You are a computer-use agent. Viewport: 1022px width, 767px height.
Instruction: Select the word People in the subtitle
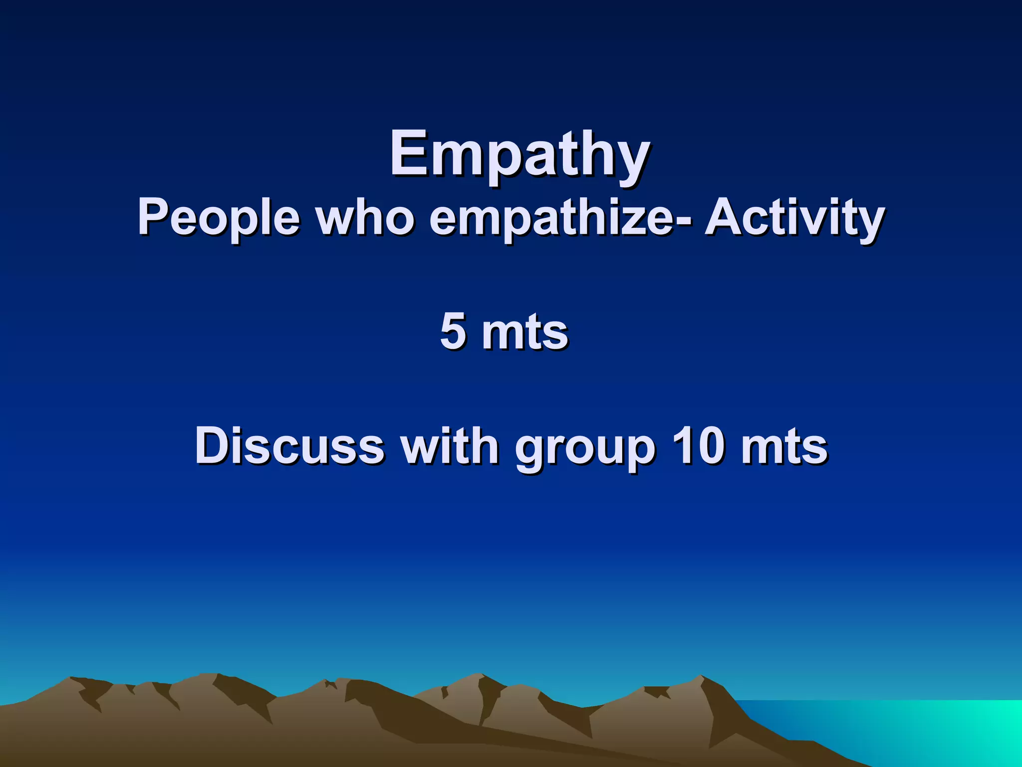(219, 219)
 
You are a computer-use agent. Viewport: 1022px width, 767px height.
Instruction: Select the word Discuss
(289, 445)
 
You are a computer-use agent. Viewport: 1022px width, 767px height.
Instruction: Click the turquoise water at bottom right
(923, 729)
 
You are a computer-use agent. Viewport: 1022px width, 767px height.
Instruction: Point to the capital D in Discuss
(214, 445)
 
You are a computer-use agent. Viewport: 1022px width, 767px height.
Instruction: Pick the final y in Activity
(870, 224)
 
